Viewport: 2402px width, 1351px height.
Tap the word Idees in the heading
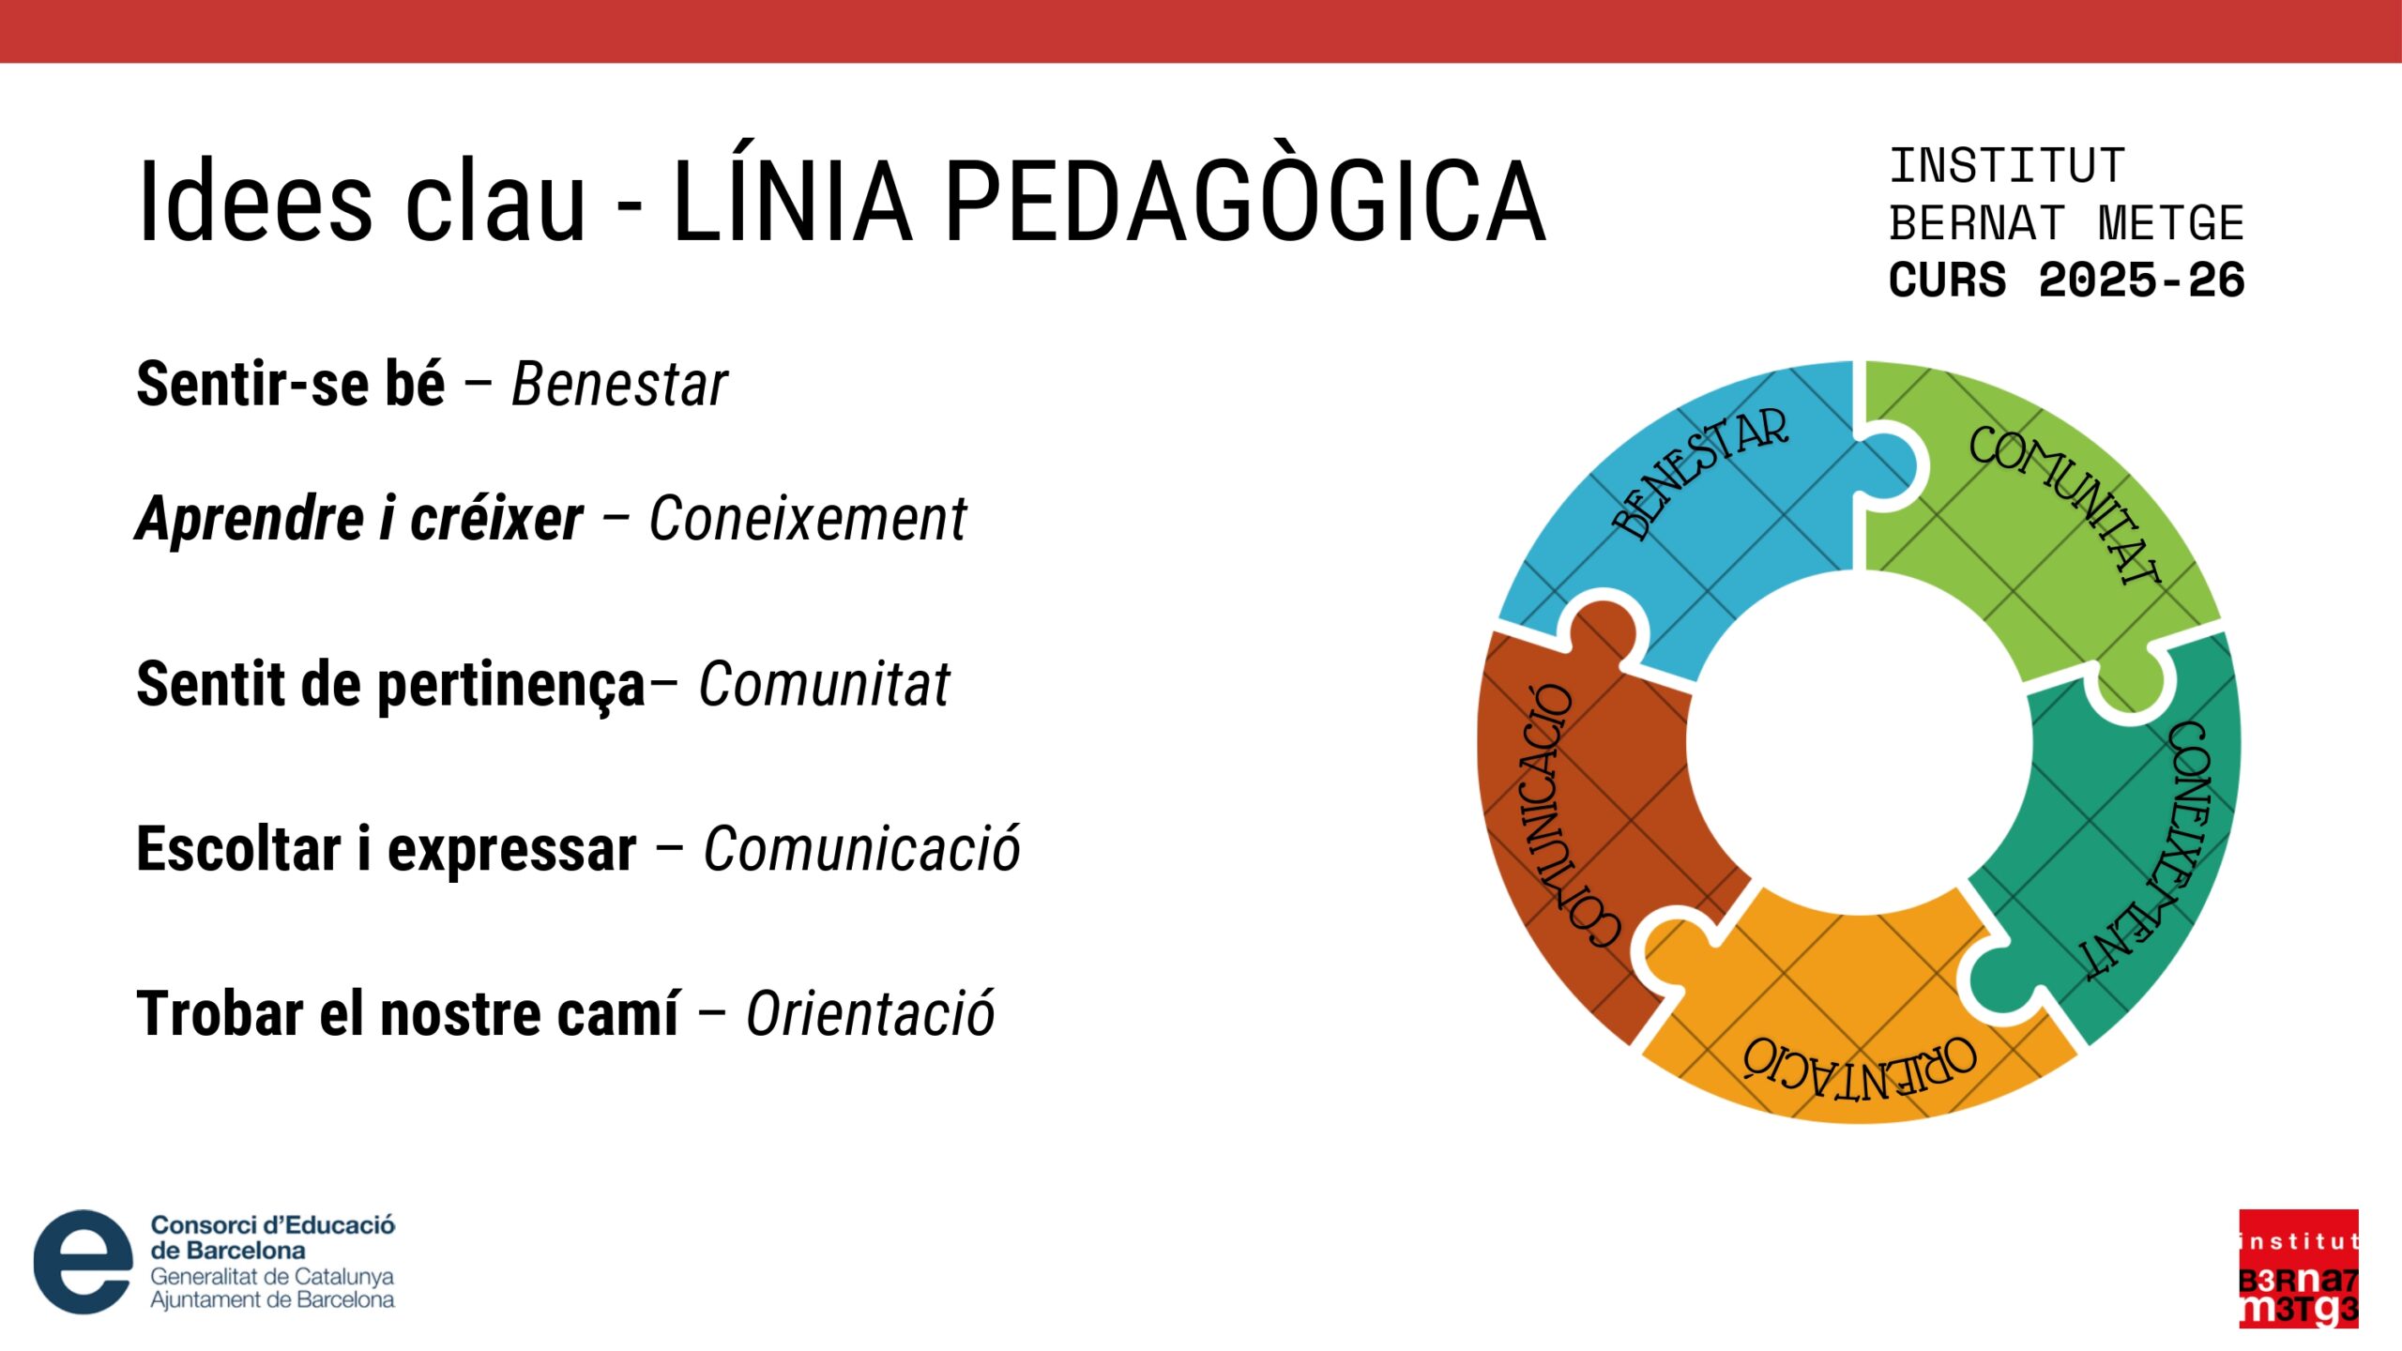255,202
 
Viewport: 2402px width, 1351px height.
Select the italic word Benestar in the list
619,385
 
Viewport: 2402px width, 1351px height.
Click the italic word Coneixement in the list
808,519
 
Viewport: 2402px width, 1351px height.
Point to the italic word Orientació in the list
870,1013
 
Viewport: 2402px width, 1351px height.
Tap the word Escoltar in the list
239,849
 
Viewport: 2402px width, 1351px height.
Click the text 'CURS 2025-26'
2066,281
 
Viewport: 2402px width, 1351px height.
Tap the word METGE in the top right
2170,223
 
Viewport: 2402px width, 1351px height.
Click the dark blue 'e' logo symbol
84,1261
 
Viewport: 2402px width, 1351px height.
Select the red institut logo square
2299,1268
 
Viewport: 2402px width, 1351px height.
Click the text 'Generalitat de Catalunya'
272,1277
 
